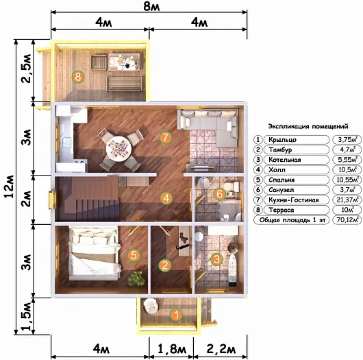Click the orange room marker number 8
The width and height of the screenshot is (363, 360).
tap(78, 77)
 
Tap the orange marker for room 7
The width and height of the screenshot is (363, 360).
tap(166, 137)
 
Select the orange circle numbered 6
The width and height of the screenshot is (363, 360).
tap(219, 194)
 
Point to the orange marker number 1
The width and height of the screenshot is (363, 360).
tap(177, 315)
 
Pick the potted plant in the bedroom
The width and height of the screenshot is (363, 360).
tap(136, 278)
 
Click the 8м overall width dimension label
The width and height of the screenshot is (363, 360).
tap(151, 6)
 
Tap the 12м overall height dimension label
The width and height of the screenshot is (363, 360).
tap(10, 187)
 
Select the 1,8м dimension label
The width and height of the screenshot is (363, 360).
tap(171, 349)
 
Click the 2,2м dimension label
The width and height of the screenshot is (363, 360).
tap(221, 349)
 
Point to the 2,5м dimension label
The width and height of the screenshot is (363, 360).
tap(26, 69)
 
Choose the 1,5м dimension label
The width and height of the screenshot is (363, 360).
tap(26, 315)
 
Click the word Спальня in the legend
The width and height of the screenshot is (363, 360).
tap(281, 180)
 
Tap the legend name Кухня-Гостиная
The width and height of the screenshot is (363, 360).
tap(294, 200)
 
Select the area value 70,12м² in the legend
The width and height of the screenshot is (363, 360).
tap(347, 219)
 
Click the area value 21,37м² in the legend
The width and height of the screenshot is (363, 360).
tap(347, 200)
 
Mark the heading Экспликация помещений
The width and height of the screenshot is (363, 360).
tap(308, 127)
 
